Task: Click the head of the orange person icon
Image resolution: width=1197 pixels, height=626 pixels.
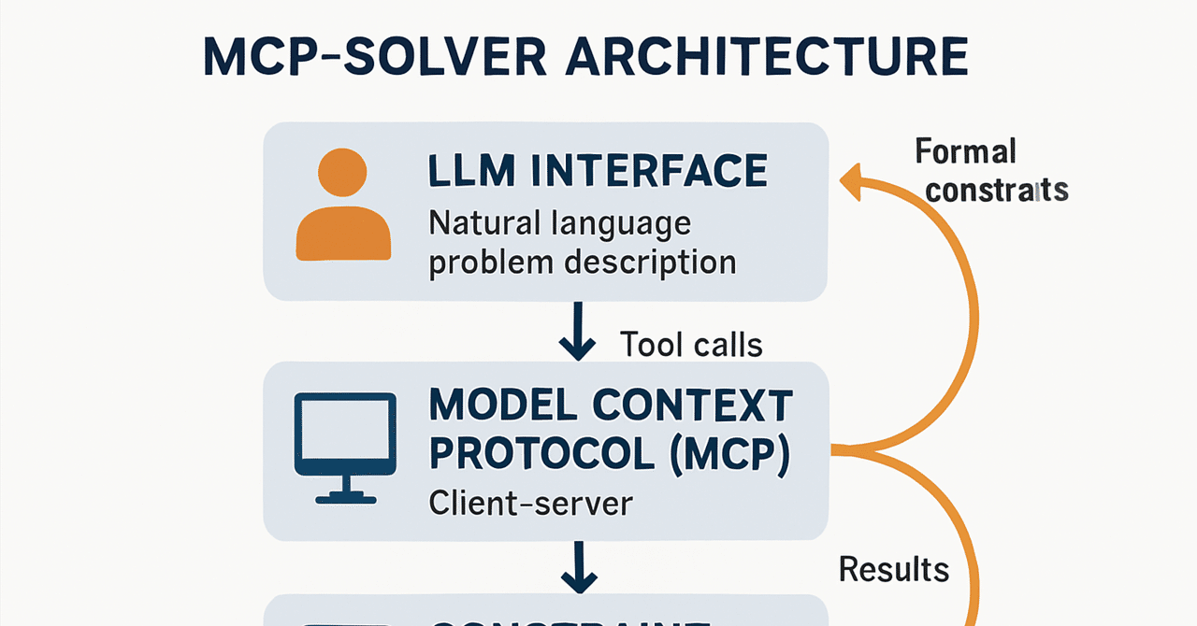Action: [342, 172]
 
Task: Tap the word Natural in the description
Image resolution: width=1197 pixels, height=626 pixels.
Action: [484, 224]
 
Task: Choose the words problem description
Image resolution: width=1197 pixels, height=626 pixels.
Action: [582, 263]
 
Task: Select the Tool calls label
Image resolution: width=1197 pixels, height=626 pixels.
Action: [691, 345]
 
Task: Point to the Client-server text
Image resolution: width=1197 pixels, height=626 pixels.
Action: [530, 504]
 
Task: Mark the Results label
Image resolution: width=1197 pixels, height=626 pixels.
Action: [893, 569]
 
